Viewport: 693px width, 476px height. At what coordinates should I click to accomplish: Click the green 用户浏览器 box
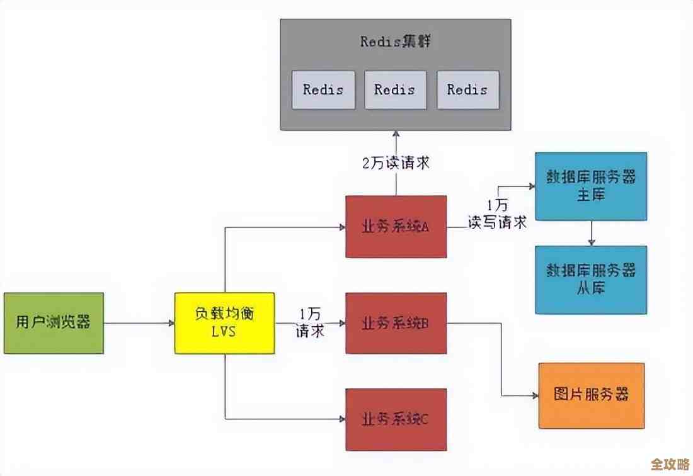54,323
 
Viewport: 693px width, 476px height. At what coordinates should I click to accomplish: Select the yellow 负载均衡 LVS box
224,323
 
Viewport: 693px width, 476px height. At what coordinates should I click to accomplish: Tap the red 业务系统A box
396,227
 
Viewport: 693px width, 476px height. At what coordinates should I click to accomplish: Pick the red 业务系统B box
396,323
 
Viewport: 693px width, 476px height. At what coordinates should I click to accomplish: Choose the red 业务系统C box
396,419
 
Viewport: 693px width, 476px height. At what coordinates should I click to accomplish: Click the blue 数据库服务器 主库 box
591,186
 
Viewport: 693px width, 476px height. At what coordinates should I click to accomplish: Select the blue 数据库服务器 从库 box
591,279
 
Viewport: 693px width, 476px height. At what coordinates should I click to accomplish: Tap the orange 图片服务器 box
591,395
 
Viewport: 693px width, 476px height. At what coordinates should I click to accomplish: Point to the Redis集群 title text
396,42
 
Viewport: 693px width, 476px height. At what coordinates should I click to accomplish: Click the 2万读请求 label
396,162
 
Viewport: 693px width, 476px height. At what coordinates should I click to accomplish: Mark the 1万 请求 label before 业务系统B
310,322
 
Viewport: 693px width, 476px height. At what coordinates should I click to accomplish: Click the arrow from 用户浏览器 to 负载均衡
139,323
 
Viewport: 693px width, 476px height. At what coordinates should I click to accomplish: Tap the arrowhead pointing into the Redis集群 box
396,134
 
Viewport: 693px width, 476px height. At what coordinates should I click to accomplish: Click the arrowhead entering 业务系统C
342,419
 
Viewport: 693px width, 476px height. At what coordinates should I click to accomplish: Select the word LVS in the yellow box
224,331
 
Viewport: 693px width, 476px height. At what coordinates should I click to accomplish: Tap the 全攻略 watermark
670,464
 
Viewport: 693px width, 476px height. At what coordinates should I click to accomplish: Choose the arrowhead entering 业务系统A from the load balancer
342,227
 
